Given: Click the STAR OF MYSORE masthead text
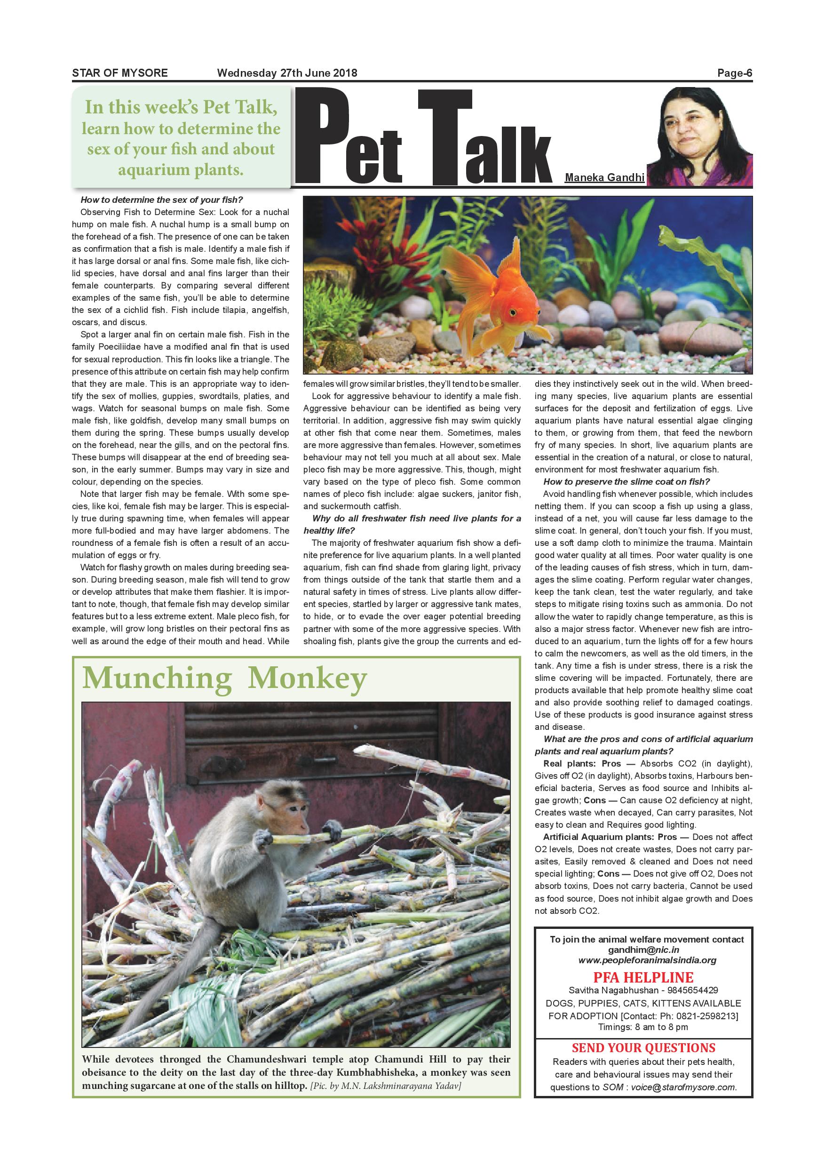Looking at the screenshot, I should [x=120, y=73].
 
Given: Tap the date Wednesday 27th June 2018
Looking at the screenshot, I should [x=287, y=73].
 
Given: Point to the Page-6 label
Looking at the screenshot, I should [x=734, y=73].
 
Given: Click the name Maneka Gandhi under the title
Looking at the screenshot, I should [x=604, y=178].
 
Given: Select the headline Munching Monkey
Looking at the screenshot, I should [x=224, y=678].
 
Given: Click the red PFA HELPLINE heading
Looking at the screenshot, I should [x=643, y=977].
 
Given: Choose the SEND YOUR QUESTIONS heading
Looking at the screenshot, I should [x=643, y=1047].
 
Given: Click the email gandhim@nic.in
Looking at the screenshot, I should [x=643, y=950].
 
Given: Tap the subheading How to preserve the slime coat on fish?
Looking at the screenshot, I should [x=627, y=481].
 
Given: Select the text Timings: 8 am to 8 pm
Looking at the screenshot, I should [x=643, y=1027].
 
